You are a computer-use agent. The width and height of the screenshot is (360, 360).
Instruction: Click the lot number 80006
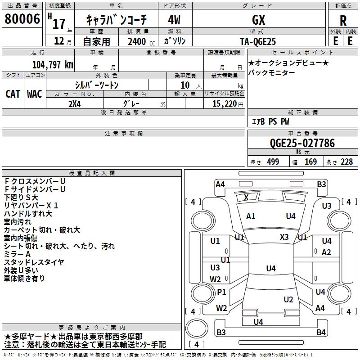pyautogui.click(x=22, y=19)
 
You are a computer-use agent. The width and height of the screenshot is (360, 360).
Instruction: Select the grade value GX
pyautogui.click(x=258, y=20)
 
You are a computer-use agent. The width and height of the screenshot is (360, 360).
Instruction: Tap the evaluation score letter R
pyautogui.click(x=343, y=21)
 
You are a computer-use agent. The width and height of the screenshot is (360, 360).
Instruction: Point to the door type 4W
pyautogui.click(x=175, y=20)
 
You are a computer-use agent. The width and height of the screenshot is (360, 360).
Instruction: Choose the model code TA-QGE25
pyautogui.click(x=258, y=41)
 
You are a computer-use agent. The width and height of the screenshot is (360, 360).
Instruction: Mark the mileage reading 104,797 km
pyautogui.click(x=53, y=64)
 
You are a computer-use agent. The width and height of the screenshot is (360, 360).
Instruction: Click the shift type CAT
pyautogui.click(x=13, y=94)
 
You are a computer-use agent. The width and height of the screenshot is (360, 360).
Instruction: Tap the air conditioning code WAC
pyautogui.click(x=35, y=94)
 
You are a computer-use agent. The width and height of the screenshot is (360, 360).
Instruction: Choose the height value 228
pyautogui.click(x=347, y=162)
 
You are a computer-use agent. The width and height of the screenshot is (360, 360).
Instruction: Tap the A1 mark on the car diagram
pyautogui.click(x=251, y=216)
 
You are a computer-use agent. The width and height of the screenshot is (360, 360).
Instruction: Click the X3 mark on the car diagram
pyautogui.click(x=284, y=237)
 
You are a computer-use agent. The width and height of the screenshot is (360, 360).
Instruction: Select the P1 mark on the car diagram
pyautogui.click(x=221, y=292)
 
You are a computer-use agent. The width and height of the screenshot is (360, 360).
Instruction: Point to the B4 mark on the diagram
pyautogui.click(x=320, y=332)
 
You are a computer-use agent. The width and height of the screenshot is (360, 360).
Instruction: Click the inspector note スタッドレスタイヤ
pyautogui.click(x=34, y=262)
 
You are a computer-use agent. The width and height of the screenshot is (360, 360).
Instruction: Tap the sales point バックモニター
pyautogui.click(x=272, y=72)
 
